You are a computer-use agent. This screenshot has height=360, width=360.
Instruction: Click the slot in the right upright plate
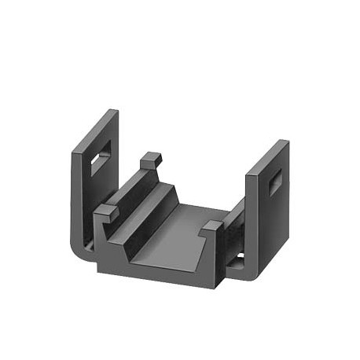click(276, 184)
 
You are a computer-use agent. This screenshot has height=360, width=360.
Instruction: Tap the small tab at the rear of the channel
click(151, 160)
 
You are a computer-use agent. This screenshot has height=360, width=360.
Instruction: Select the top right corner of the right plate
click(287, 142)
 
